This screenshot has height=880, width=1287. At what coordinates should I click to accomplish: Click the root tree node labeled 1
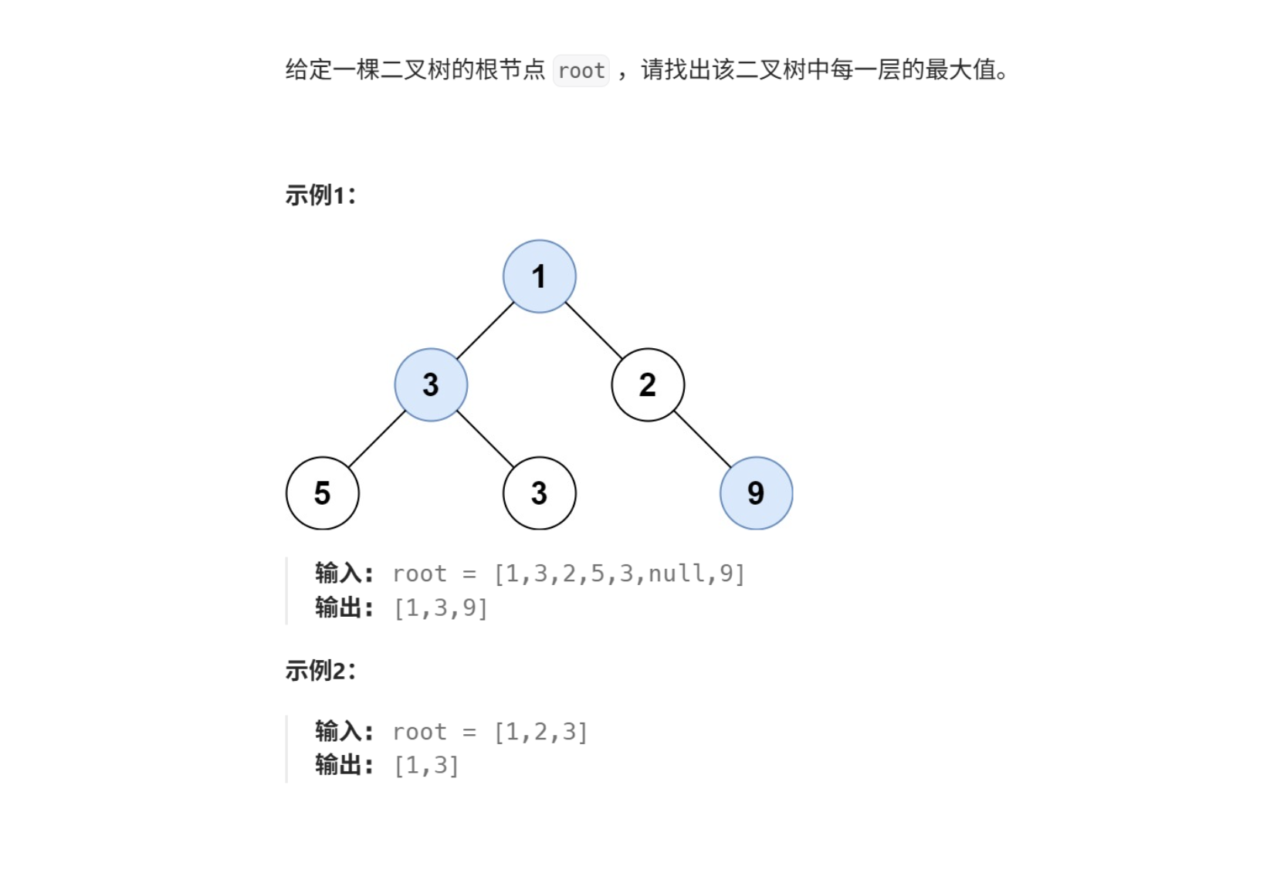point(539,276)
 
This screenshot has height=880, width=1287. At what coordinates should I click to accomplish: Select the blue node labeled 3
point(431,384)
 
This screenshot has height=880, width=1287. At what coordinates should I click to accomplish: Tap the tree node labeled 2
point(648,384)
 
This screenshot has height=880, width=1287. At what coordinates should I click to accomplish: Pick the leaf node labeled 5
point(322,493)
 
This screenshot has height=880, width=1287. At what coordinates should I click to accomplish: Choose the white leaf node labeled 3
point(539,493)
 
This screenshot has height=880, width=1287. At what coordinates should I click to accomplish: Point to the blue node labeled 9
point(756,493)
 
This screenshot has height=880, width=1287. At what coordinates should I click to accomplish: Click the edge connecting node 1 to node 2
point(594,330)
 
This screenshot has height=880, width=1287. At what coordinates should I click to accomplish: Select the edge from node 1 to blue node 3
point(485,330)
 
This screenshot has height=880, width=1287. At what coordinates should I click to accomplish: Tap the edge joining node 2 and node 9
point(702,438)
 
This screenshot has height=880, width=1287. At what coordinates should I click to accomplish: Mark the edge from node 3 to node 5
point(377,438)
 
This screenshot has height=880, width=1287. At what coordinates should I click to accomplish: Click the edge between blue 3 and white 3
point(485,438)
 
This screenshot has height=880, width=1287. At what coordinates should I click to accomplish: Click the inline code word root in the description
point(581,71)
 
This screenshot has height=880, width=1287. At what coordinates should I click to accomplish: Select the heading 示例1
point(320,195)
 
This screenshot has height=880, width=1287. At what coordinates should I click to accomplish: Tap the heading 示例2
point(320,670)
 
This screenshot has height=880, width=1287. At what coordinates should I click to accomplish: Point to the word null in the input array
point(676,574)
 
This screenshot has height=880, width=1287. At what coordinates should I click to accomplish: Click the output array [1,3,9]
point(441,608)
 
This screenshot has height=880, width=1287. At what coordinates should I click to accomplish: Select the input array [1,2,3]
point(540,732)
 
